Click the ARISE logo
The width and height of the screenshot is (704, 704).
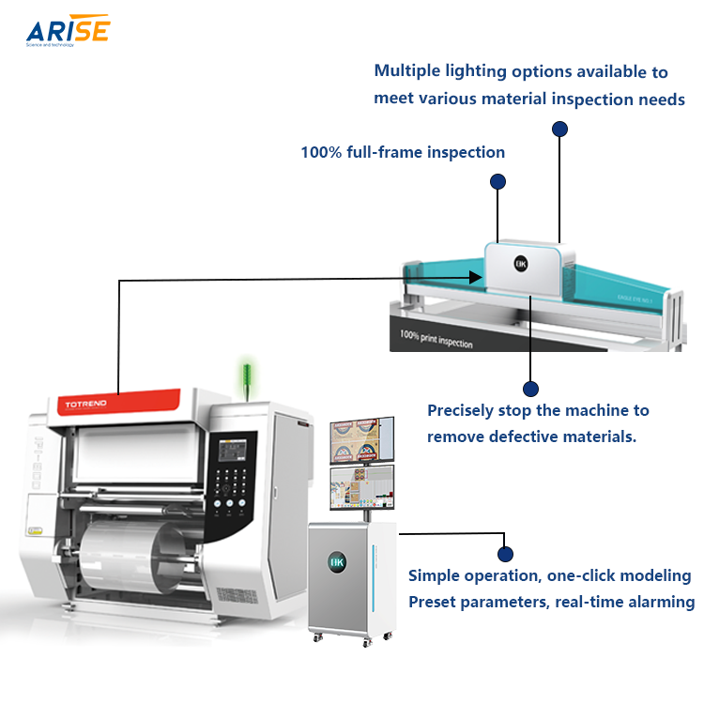[x=68, y=31]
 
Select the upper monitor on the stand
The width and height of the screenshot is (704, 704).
[x=362, y=439]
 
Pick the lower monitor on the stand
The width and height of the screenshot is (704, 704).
[x=362, y=488]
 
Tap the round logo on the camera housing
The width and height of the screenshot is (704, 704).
[x=522, y=265]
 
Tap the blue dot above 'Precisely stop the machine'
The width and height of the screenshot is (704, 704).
[x=530, y=388]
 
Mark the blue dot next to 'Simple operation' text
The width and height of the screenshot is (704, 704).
[x=505, y=554]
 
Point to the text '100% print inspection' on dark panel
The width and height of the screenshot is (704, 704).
[x=436, y=338]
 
